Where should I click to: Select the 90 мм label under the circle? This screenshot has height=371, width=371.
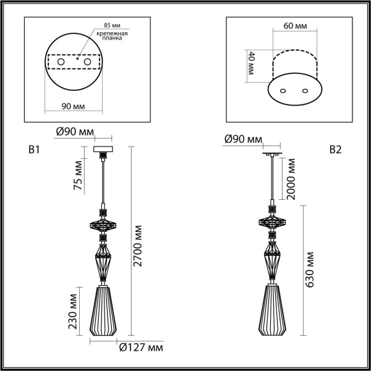pos(74,106)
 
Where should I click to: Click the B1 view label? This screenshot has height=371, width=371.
pos(34,150)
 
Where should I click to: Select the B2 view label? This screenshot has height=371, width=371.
pos(335,150)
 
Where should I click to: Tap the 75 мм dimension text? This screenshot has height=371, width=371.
pos(78,177)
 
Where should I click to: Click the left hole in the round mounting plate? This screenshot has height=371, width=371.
pos(60,62)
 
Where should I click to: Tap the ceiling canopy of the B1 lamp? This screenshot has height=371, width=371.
pos(101,151)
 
